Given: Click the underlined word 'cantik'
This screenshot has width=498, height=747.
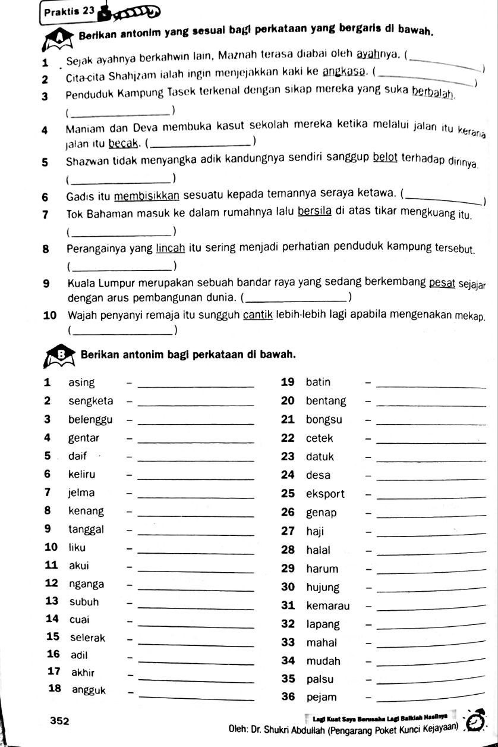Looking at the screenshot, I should (x=257, y=315).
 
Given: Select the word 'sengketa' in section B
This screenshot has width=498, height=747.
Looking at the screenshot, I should (x=90, y=401).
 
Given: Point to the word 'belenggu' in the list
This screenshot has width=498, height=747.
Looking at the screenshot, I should (x=90, y=419).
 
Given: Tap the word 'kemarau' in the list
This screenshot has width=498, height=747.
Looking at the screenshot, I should (x=328, y=606).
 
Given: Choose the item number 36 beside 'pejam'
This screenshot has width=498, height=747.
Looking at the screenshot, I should (x=288, y=697).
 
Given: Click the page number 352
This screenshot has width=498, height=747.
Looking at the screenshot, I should (x=60, y=721).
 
